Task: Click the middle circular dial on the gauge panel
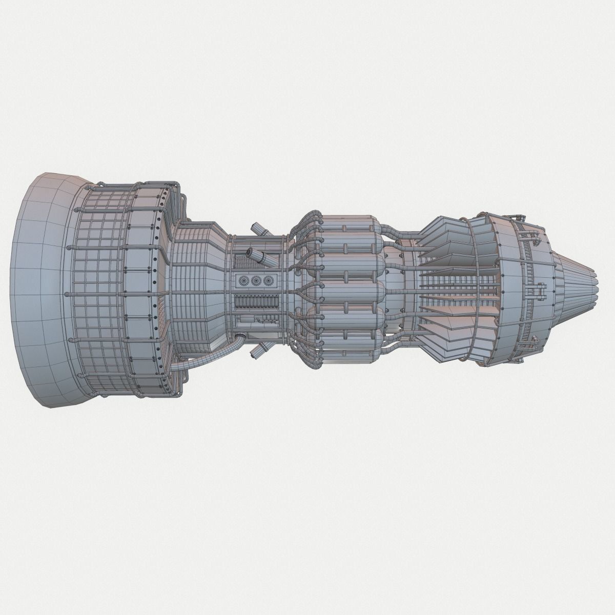click(x=255, y=280)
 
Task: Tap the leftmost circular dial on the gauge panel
click(x=243, y=280)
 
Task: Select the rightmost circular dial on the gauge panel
click(x=266, y=280)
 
